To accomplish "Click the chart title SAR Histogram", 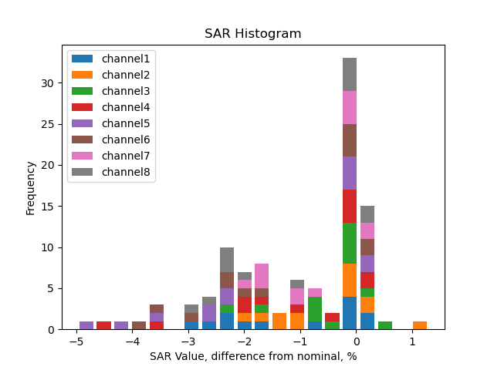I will point(252,34).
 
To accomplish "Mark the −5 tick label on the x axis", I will point(76,341).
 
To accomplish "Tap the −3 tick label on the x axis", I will point(188,341).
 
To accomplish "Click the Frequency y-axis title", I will point(31,187).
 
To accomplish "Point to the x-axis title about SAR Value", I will point(252,356).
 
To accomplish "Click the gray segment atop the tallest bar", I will point(350,75).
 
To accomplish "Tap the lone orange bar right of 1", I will point(420,325).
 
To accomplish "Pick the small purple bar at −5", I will point(86,325).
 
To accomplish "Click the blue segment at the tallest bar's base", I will point(350,313).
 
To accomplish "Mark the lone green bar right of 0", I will point(384,325).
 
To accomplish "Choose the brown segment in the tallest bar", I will point(350,140).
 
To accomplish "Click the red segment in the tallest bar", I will point(350,206).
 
